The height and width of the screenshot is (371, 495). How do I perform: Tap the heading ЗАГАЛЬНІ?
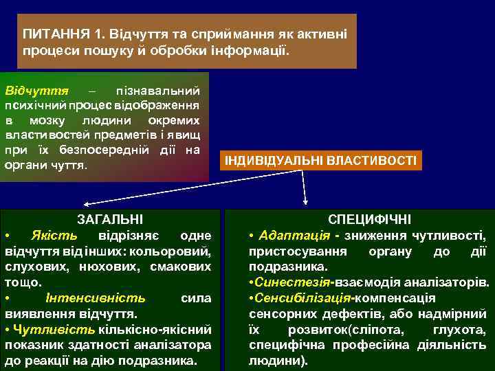click(111, 219)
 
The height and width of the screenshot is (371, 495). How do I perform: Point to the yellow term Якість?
click(49, 235)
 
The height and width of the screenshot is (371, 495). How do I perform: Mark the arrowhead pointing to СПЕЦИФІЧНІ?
click(307, 203)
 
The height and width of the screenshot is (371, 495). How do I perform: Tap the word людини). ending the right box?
click(278, 361)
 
